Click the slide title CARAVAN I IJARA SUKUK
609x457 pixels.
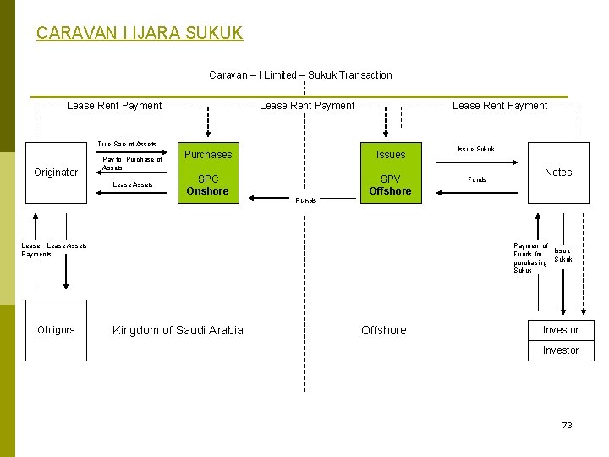pos(140,33)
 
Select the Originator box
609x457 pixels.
pos(56,173)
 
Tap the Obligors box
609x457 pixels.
pos(56,329)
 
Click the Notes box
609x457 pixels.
pos(558,173)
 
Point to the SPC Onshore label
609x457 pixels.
pos(208,185)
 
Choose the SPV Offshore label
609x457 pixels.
pos(390,185)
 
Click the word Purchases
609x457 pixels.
pos(208,155)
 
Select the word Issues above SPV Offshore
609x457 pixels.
pos(391,155)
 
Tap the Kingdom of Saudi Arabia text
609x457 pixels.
pos(178,330)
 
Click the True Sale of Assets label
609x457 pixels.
pos(127,145)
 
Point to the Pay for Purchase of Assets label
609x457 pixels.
pos(132,163)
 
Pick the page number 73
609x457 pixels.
pos(568,425)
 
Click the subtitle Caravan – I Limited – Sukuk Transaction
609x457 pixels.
pos(300,75)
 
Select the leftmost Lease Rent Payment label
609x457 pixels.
pos(114,106)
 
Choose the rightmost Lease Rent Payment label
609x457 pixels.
pos(500,106)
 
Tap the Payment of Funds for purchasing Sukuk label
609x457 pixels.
pos(530,258)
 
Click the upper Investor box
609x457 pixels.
pos(561,330)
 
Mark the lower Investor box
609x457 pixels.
pos(561,350)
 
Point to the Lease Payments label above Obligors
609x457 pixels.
pos(36,250)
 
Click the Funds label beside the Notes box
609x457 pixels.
pos(477,179)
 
